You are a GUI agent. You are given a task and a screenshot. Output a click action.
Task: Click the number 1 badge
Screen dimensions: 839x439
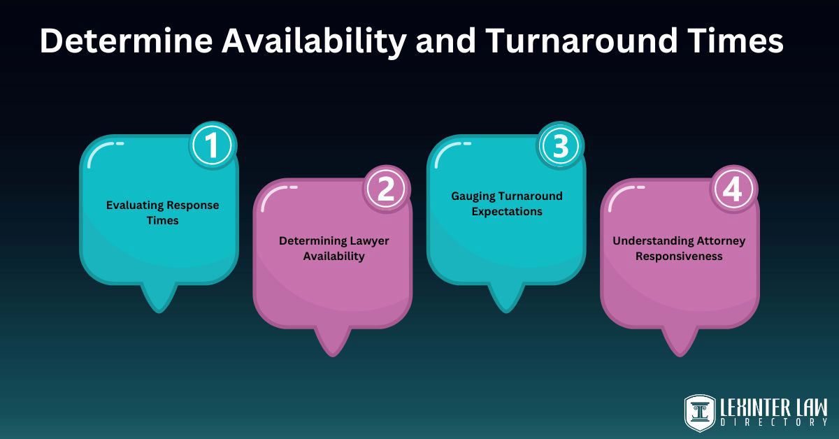tap(213, 145)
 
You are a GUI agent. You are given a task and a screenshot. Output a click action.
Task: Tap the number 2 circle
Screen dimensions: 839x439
tap(386, 189)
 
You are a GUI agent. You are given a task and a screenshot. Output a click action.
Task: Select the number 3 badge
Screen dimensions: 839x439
tap(560, 145)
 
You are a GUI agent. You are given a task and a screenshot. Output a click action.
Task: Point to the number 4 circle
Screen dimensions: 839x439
tap(733, 189)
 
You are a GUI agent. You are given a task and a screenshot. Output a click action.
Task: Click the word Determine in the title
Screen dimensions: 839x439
tap(127, 41)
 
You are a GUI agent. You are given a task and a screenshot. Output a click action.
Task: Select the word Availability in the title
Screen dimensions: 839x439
tap(314, 43)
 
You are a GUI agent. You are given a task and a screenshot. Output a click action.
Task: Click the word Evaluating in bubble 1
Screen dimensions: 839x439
tap(135, 206)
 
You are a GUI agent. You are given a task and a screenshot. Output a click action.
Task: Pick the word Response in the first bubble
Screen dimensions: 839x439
tap(192, 206)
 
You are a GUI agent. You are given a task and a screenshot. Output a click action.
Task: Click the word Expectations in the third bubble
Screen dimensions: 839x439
tap(507, 212)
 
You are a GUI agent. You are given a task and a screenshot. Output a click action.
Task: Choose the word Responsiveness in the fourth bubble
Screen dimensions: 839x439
tap(679, 257)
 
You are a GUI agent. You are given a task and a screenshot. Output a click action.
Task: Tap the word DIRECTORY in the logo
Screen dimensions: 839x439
tap(774, 422)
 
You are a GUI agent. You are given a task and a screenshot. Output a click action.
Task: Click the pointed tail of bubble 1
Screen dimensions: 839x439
tap(159, 298)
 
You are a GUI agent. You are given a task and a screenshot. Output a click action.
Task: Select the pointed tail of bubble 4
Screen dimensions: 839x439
tap(680, 343)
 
